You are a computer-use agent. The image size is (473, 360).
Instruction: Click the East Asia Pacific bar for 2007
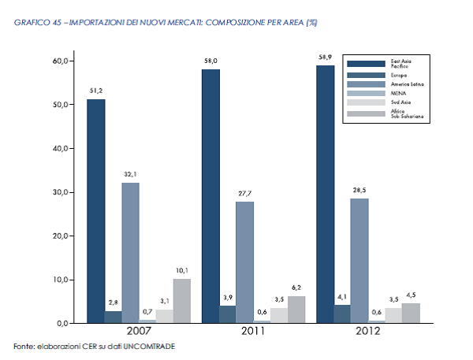[x=96, y=211]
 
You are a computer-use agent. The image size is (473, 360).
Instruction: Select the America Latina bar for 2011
[x=244, y=262]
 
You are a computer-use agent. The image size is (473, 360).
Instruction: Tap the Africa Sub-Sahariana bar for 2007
[x=182, y=301]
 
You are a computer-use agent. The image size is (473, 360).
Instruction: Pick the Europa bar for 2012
[x=342, y=314]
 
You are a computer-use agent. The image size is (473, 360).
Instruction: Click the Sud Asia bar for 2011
[x=279, y=315]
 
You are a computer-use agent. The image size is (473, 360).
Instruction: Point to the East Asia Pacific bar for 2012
[x=325, y=194]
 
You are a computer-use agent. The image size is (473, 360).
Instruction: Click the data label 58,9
[x=325, y=58]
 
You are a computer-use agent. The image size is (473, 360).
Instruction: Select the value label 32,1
[x=130, y=174]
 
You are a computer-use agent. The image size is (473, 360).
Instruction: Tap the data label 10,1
[x=182, y=270]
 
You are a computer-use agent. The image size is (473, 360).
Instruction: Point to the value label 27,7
[x=245, y=194]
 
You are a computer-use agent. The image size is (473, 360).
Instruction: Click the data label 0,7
[x=147, y=311]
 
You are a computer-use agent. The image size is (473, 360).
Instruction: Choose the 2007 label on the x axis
[x=139, y=331]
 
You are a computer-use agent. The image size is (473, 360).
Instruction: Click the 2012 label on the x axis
[x=368, y=331]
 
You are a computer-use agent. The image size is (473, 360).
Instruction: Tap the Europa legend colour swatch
[x=367, y=76]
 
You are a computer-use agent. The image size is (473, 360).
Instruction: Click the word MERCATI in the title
[x=185, y=23]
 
